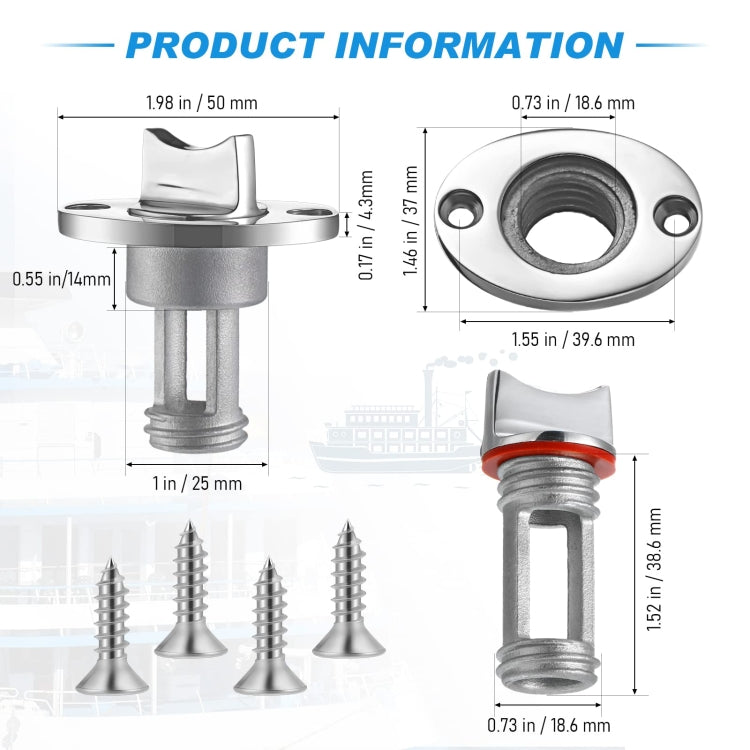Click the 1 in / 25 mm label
[x=198, y=483]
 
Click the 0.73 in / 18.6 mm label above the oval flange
[x=573, y=102]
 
